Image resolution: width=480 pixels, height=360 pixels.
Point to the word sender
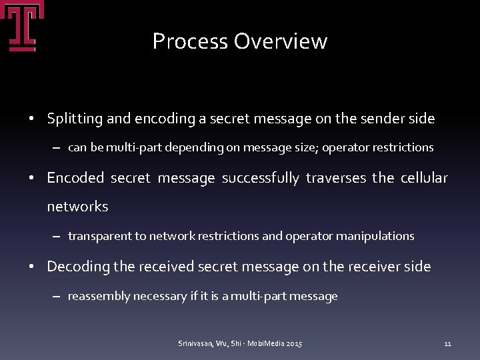385,119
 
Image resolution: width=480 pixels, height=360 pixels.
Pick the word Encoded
75,178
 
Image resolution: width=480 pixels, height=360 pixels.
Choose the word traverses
336,178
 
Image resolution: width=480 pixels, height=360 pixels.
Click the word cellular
424,178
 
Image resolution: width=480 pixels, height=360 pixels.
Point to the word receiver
373,267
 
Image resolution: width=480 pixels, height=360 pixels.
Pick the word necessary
160,296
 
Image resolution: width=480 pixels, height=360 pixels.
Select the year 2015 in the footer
293,343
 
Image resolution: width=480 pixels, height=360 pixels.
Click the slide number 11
447,343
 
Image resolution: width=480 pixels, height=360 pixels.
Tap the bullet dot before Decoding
32,267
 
